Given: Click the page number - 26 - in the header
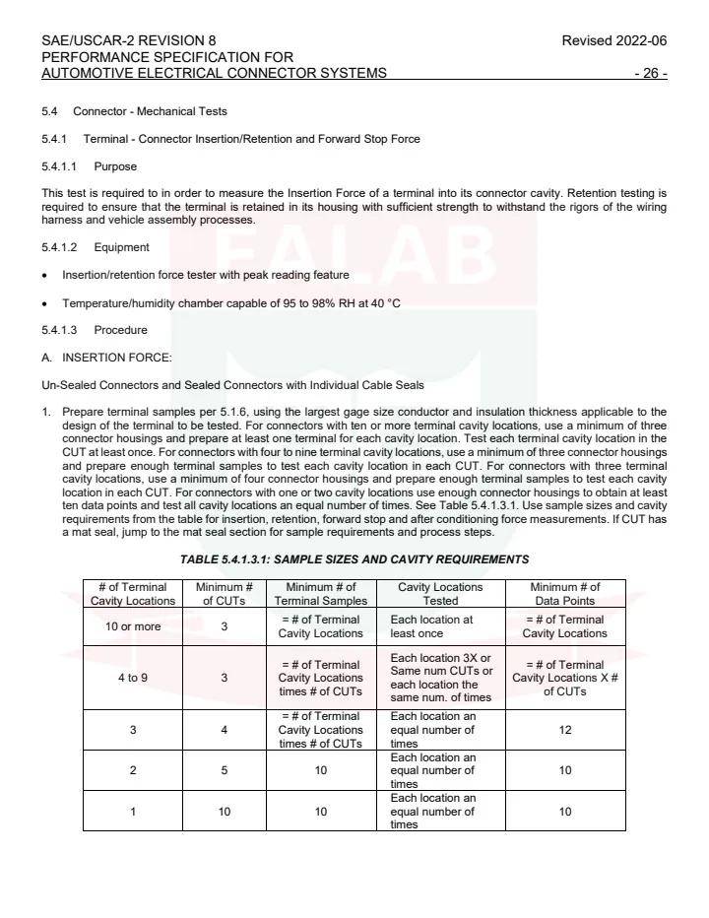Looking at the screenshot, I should click(650, 73).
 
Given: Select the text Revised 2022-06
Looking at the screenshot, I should click(614, 40).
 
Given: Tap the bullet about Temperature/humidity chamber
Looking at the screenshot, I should click(230, 302).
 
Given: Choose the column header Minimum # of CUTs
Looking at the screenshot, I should click(225, 594).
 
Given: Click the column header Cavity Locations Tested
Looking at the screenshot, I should click(440, 594).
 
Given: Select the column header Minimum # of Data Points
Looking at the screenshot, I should click(565, 594).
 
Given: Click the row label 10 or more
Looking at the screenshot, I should click(133, 626).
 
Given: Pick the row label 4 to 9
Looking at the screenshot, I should click(133, 678).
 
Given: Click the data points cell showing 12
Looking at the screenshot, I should click(565, 730).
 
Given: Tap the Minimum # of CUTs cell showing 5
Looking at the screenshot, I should click(225, 770).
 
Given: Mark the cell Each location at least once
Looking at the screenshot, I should click(433, 626).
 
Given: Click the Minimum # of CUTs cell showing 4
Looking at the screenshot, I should click(225, 730).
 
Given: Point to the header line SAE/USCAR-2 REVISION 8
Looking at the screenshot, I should click(129, 40).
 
